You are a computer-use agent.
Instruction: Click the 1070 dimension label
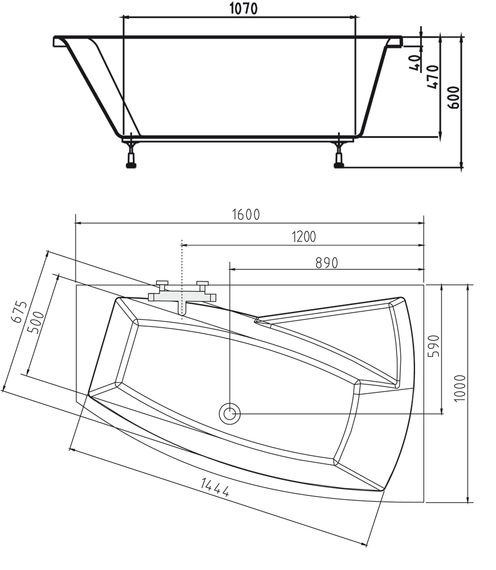(x=242, y=9)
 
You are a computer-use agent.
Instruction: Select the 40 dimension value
(x=415, y=62)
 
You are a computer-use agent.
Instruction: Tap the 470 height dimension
(x=433, y=77)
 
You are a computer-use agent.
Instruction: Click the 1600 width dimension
(x=245, y=214)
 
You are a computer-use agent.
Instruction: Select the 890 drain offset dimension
(x=326, y=262)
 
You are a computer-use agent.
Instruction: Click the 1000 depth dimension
(x=460, y=388)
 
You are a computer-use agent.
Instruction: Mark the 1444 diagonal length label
(x=214, y=488)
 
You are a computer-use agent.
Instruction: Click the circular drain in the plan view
(x=229, y=413)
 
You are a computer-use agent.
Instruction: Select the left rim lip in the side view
(x=58, y=42)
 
